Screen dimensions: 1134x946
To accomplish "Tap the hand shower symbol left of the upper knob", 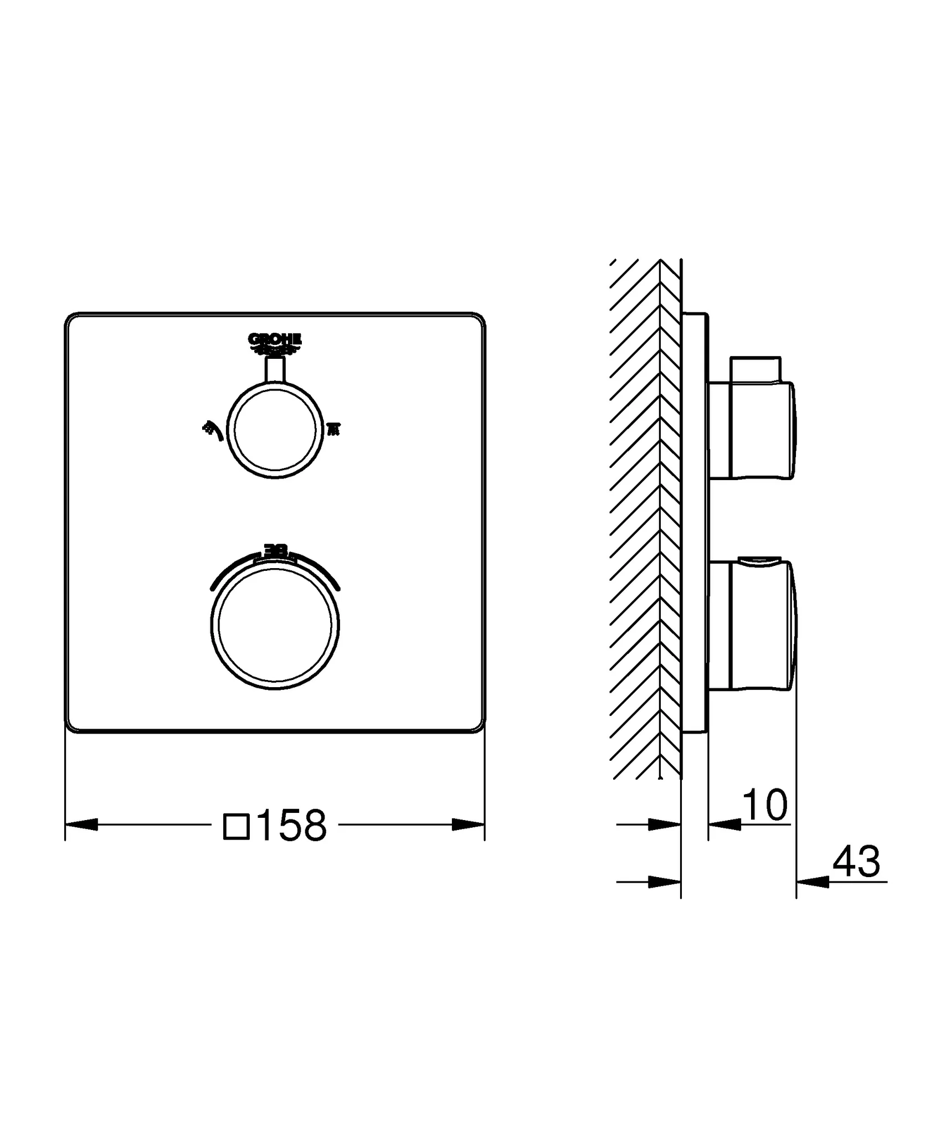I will pyautogui.click(x=213, y=430).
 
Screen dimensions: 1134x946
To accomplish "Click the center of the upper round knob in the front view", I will pyautogui.click(x=275, y=430).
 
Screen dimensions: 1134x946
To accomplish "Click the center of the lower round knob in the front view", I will pyautogui.click(x=275, y=625).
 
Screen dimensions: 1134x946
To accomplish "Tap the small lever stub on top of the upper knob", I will pyautogui.click(x=275, y=369).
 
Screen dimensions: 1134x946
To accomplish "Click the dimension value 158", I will pyautogui.click(x=292, y=825).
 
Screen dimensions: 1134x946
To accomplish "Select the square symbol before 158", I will pyautogui.click(x=236, y=826).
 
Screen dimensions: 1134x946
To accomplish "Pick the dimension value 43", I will pyautogui.click(x=856, y=862).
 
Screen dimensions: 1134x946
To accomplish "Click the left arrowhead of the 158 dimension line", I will pyautogui.click(x=82, y=824).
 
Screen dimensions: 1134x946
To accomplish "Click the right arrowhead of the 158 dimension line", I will pyautogui.click(x=469, y=824).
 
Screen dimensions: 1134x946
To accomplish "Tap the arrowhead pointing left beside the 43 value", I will pyautogui.click(x=813, y=882).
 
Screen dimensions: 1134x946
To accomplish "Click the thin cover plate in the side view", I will pyautogui.click(x=695, y=523).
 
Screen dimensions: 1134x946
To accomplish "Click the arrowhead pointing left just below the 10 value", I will pyautogui.click(x=724, y=825).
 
